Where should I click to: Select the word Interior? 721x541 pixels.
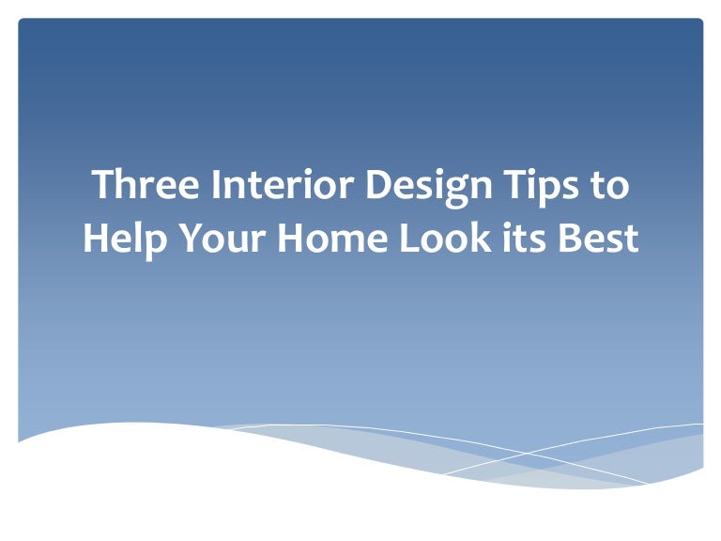click(282, 185)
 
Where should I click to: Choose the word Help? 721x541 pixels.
click(121, 239)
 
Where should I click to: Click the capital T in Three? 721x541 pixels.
click(102, 185)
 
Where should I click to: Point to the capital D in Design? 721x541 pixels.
click(377, 185)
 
